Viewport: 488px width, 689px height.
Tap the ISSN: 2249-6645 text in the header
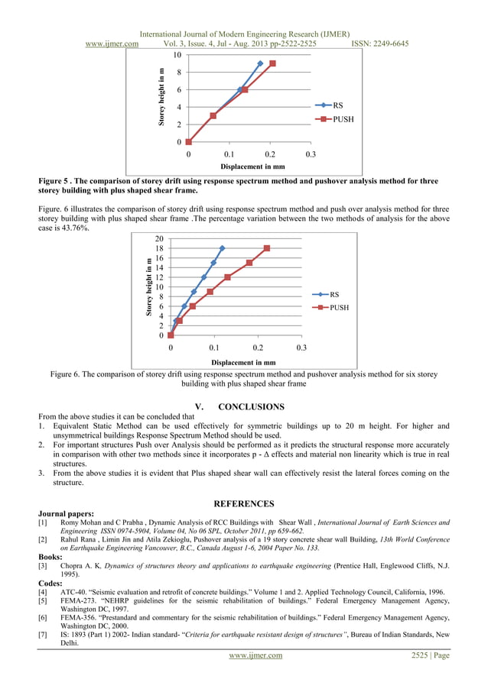click(x=379, y=44)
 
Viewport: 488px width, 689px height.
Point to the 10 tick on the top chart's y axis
click(x=177, y=55)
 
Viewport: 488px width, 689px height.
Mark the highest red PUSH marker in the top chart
click(x=272, y=63)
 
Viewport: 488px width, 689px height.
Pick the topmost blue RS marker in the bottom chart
click(x=222, y=248)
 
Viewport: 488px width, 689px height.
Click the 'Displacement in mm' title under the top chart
click(x=252, y=166)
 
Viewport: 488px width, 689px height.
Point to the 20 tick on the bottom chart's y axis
click(x=158, y=238)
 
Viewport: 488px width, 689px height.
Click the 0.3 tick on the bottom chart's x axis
click(x=301, y=348)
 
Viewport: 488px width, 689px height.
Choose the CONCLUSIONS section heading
click(x=251, y=406)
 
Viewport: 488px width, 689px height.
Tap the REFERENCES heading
click(x=243, y=504)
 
